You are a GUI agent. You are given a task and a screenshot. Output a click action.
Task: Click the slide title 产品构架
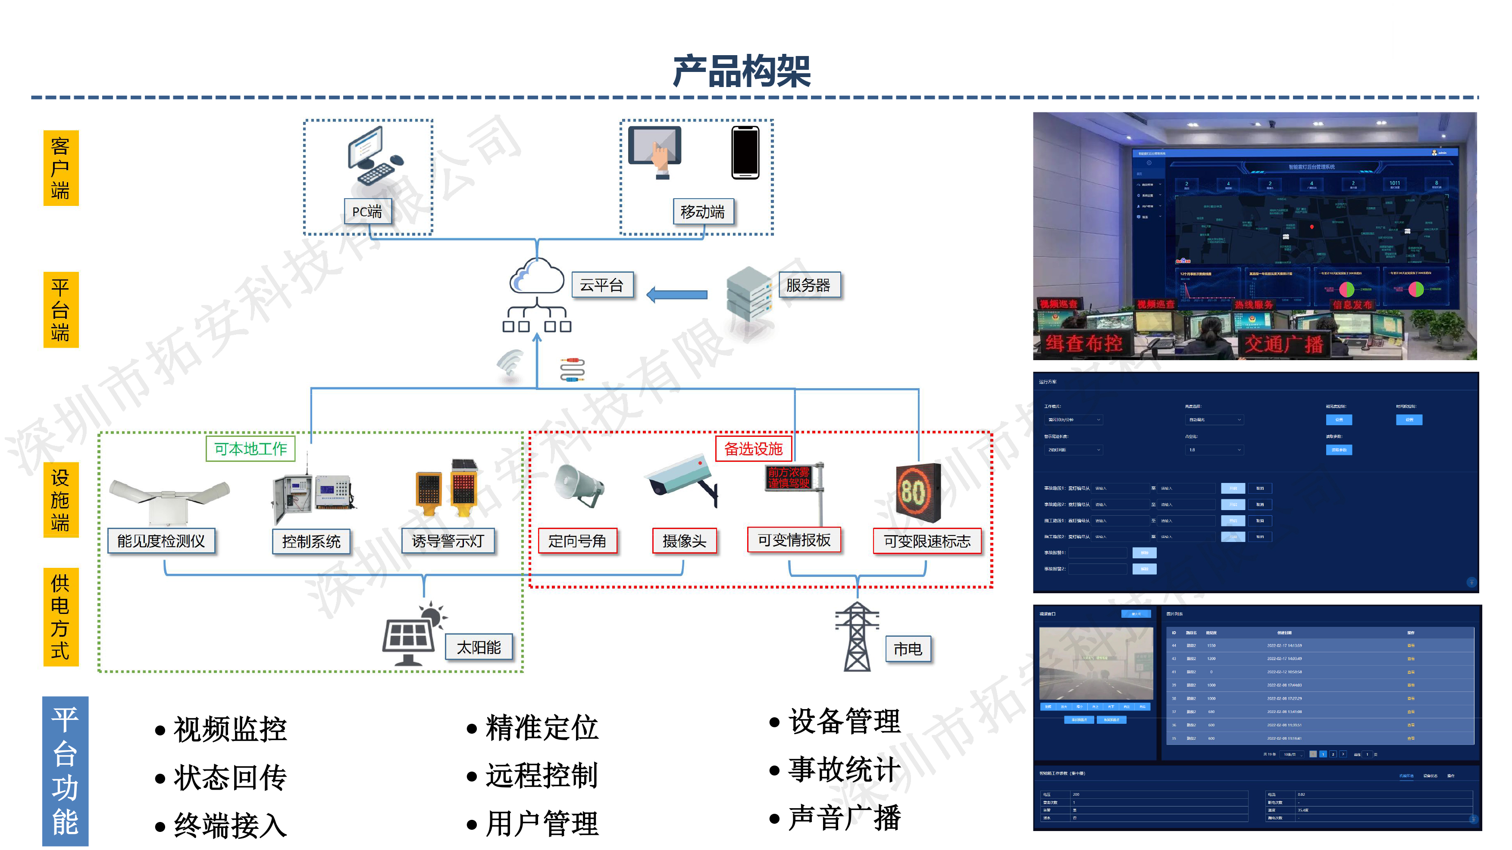(x=741, y=71)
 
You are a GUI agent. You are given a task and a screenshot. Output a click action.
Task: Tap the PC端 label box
(x=367, y=211)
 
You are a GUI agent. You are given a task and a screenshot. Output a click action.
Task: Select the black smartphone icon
(x=745, y=152)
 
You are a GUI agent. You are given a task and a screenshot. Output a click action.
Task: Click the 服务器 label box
(x=808, y=285)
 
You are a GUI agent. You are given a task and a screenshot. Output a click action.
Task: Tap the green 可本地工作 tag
(x=250, y=449)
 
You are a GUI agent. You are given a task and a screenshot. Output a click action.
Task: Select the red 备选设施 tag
(x=753, y=449)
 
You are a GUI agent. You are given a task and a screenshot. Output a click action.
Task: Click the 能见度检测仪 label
(x=161, y=541)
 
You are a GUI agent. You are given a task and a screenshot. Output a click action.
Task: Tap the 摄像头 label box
(x=684, y=541)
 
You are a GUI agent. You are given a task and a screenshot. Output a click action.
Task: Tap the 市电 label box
(x=908, y=649)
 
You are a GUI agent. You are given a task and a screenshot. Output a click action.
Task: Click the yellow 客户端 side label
(x=60, y=168)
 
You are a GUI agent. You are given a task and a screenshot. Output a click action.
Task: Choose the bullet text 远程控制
(x=541, y=775)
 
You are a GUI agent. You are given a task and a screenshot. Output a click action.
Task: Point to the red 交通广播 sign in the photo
(x=1283, y=344)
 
